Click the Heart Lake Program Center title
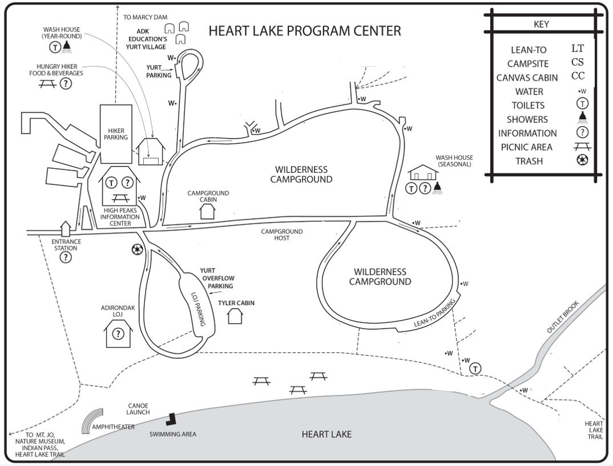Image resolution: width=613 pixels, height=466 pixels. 305,31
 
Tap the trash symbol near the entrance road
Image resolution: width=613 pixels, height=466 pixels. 137,249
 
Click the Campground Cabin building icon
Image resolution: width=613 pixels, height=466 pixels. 208,210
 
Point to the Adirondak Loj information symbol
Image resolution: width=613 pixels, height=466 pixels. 118,334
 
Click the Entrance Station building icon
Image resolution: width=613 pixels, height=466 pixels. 66,229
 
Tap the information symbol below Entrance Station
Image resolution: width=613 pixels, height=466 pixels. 66,257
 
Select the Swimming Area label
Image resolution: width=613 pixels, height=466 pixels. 173,434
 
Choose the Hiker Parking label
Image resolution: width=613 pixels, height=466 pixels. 115,133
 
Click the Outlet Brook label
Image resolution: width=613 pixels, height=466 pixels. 563,318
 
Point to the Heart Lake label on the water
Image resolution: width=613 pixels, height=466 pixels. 326,435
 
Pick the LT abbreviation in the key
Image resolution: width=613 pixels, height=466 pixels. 578,48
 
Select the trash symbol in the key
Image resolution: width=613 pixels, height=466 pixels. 582,160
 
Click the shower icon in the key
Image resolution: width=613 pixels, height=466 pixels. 582,118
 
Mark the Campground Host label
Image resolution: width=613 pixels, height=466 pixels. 282,234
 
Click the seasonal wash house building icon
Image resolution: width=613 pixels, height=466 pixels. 424,172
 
